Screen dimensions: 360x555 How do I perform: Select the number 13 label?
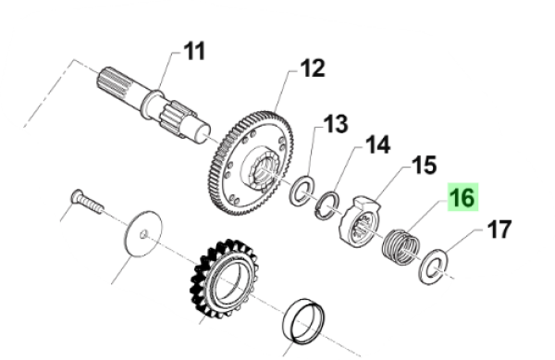point(335,124)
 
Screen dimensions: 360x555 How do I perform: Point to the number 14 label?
point(376,145)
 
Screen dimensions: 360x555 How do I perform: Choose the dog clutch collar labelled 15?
point(364,222)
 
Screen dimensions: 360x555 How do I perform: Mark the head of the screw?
point(74,195)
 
